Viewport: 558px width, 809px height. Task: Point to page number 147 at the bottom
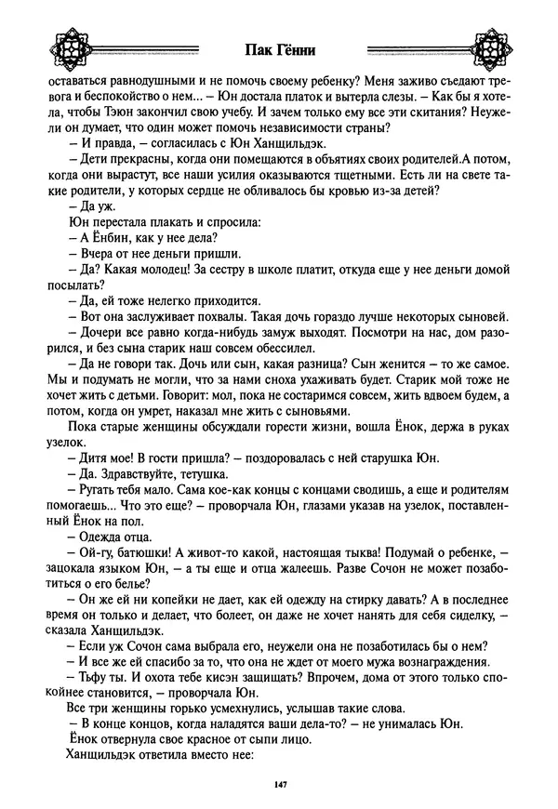click(x=279, y=787)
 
